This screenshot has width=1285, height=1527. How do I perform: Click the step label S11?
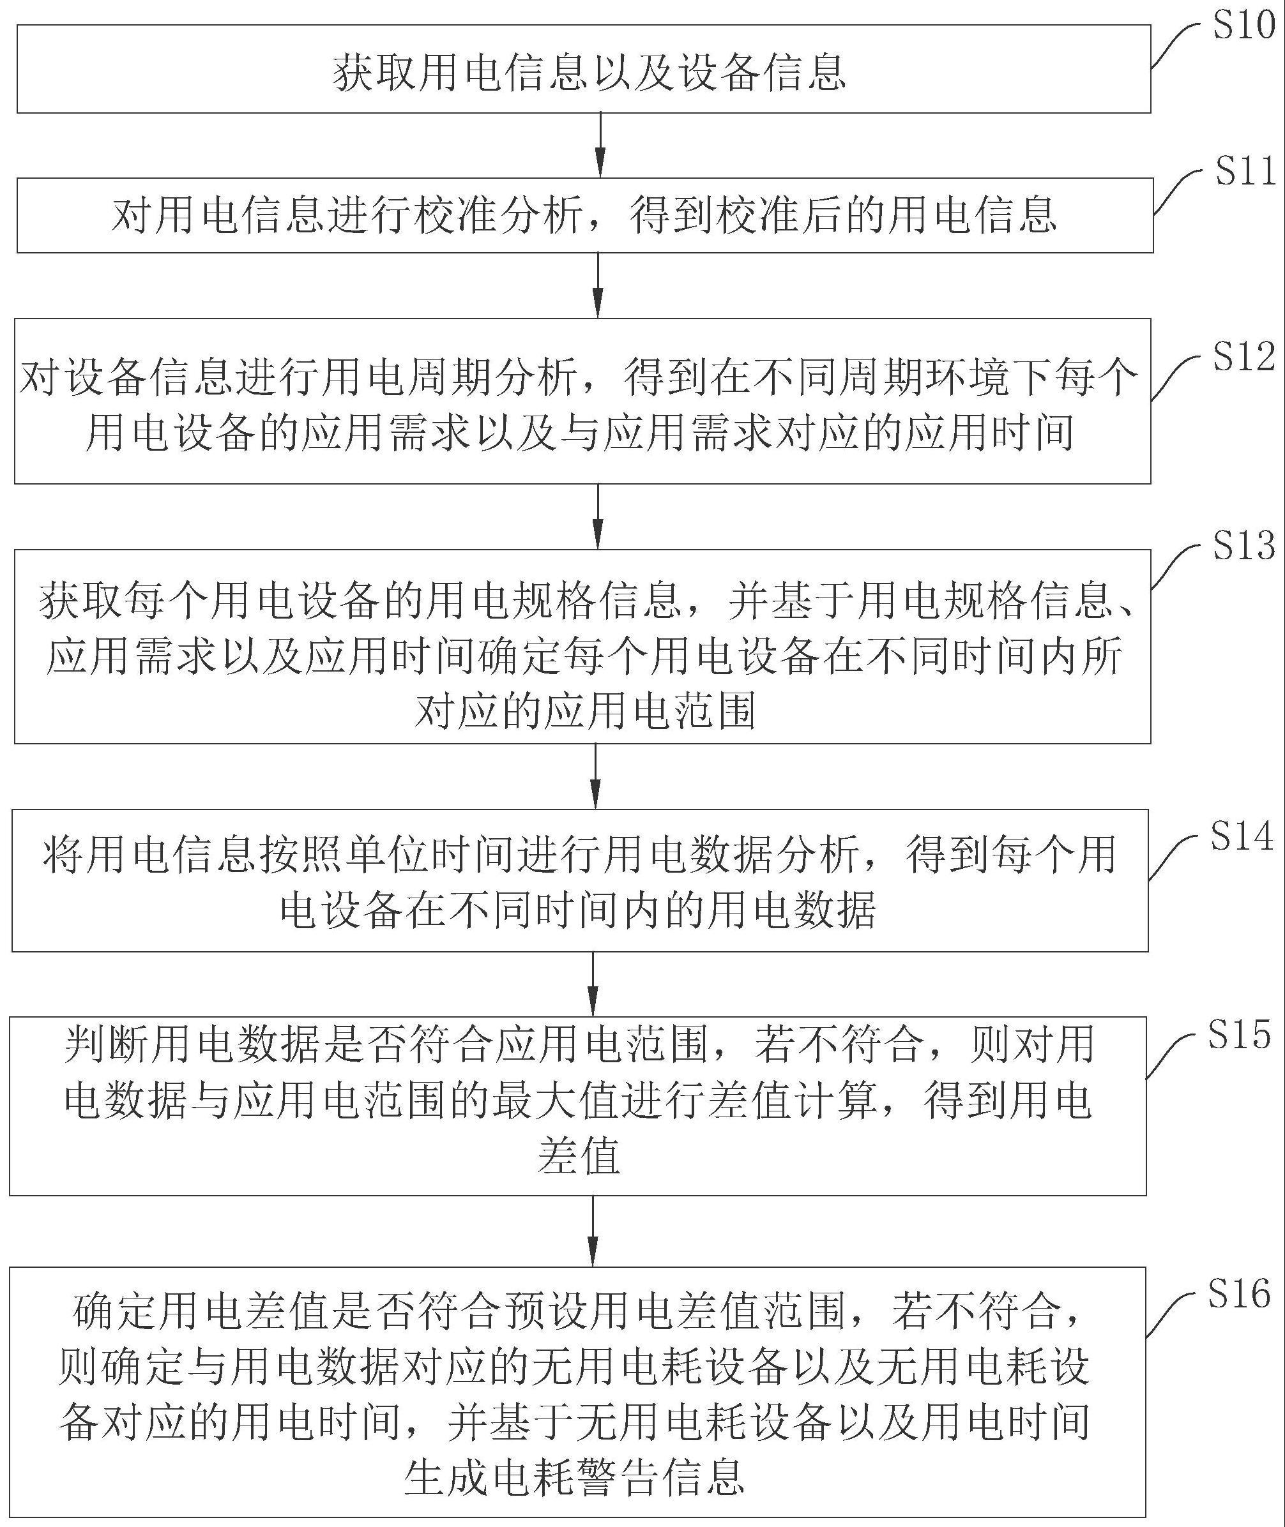(1245, 172)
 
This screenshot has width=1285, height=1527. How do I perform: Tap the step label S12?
(1243, 357)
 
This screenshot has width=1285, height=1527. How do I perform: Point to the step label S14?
(1242, 836)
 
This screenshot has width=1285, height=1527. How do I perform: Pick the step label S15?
(1240, 1035)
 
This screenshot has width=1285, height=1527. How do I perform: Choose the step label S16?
(1240, 1293)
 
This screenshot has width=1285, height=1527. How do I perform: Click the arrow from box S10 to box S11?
(600, 145)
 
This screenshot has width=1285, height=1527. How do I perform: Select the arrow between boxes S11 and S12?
(598, 285)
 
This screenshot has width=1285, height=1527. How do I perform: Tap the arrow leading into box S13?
(598, 516)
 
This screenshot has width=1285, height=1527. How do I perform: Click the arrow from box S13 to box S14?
(596, 776)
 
